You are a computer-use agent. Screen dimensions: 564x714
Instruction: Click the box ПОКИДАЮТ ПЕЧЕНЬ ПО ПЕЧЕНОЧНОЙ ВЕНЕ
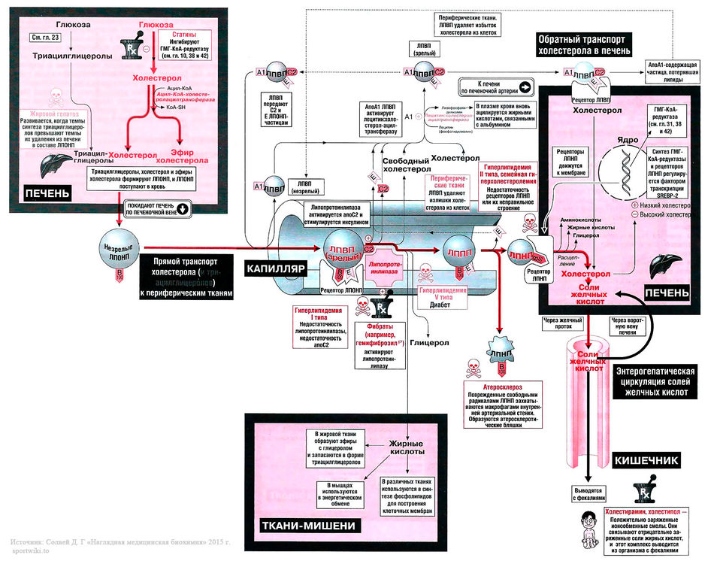click(157, 208)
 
